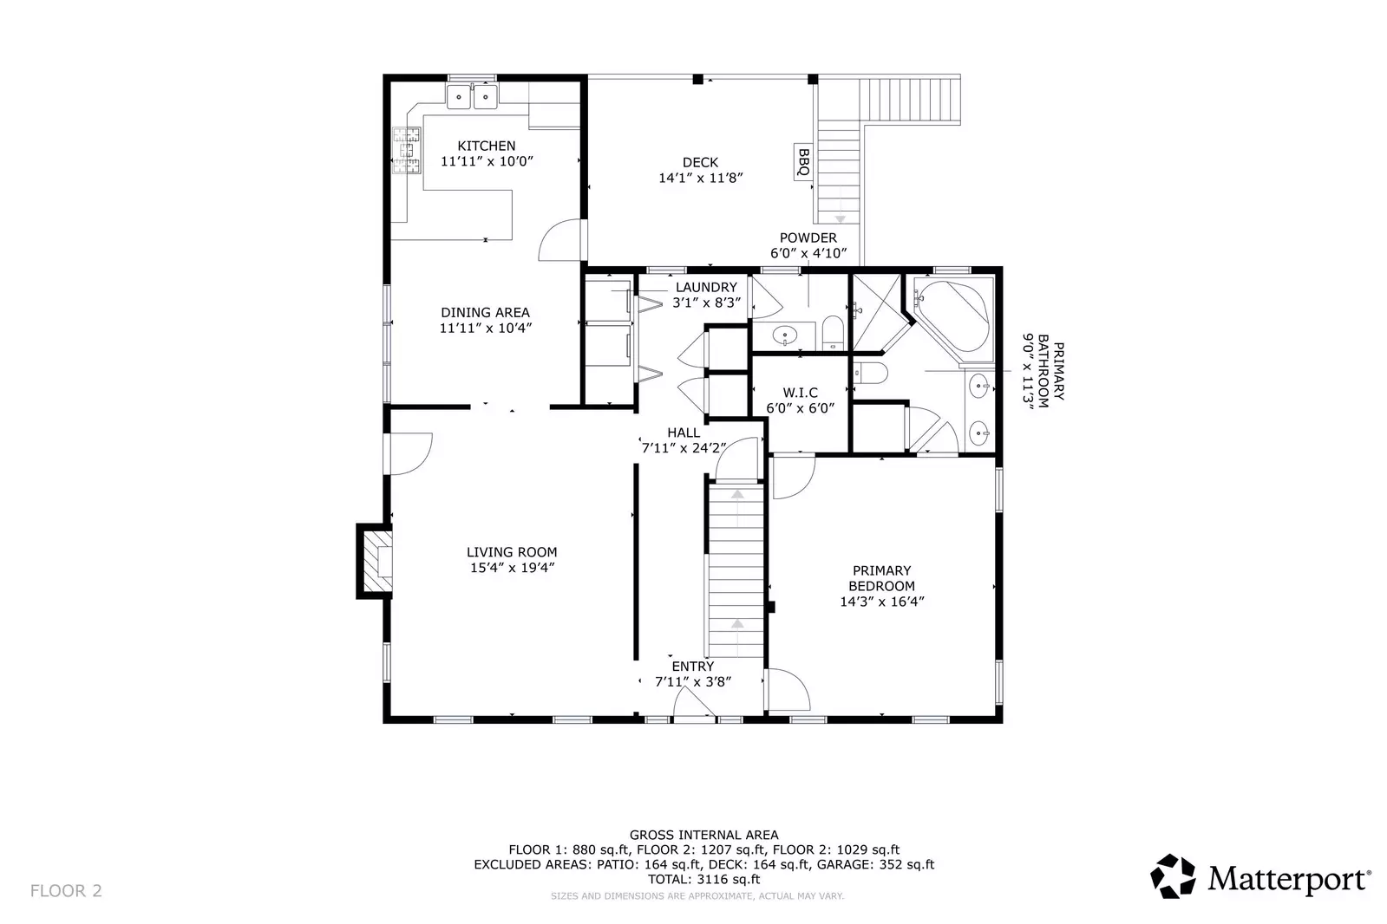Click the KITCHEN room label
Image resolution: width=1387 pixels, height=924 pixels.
[x=486, y=146]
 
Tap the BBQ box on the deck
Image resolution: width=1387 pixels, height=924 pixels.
[x=803, y=162]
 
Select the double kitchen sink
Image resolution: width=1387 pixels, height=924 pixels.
[x=472, y=96]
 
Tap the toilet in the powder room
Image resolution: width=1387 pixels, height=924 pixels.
[x=832, y=334]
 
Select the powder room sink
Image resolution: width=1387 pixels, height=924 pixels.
[x=786, y=334]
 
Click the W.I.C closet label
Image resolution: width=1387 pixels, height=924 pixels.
[x=800, y=393]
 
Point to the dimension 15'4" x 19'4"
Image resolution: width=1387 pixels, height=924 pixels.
[x=512, y=568]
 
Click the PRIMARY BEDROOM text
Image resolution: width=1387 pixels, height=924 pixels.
[x=881, y=578]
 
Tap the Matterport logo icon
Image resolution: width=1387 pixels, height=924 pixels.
[x=1172, y=876]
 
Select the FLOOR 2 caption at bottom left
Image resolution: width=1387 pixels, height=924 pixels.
[x=66, y=890]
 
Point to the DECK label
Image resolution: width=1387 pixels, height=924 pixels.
[x=700, y=162]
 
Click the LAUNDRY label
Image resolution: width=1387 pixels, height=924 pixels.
[x=706, y=287]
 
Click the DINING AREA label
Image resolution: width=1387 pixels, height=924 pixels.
[x=485, y=312]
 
